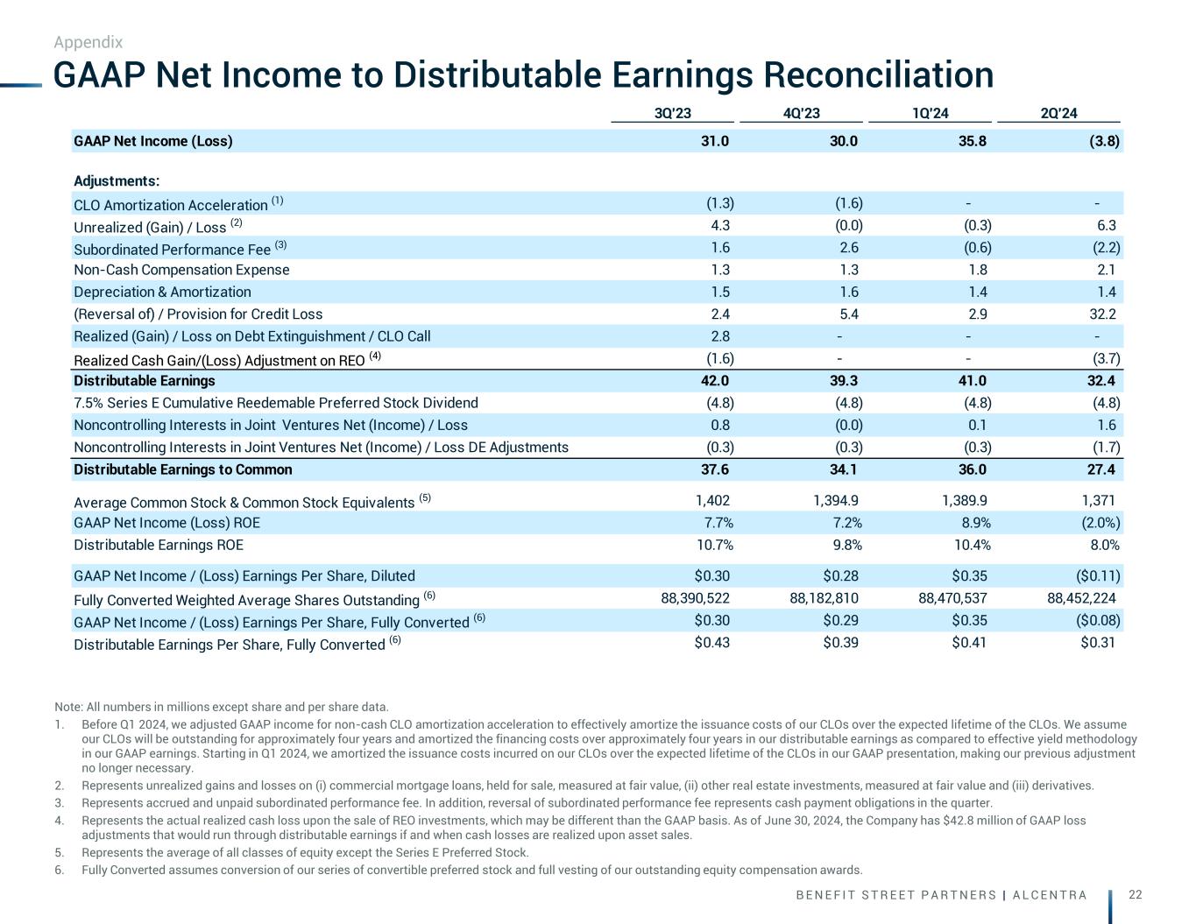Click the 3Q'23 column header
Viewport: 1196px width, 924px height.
(x=672, y=113)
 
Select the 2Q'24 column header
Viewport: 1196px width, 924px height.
(x=1058, y=113)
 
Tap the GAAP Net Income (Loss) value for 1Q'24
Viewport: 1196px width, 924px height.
(x=973, y=141)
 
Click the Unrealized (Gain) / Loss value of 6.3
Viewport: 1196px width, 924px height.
(x=1107, y=226)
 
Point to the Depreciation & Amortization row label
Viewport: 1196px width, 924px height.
(x=162, y=292)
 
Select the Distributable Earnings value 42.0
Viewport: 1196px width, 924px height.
(x=715, y=380)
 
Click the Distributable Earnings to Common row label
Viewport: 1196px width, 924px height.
(x=182, y=469)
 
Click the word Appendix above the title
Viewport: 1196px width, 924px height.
(x=88, y=42)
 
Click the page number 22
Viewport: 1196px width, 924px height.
(x=1136, y=894)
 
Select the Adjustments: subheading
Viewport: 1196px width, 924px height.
(x=117, y=181)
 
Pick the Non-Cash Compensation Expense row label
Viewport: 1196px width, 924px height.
(x=181, y=270)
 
